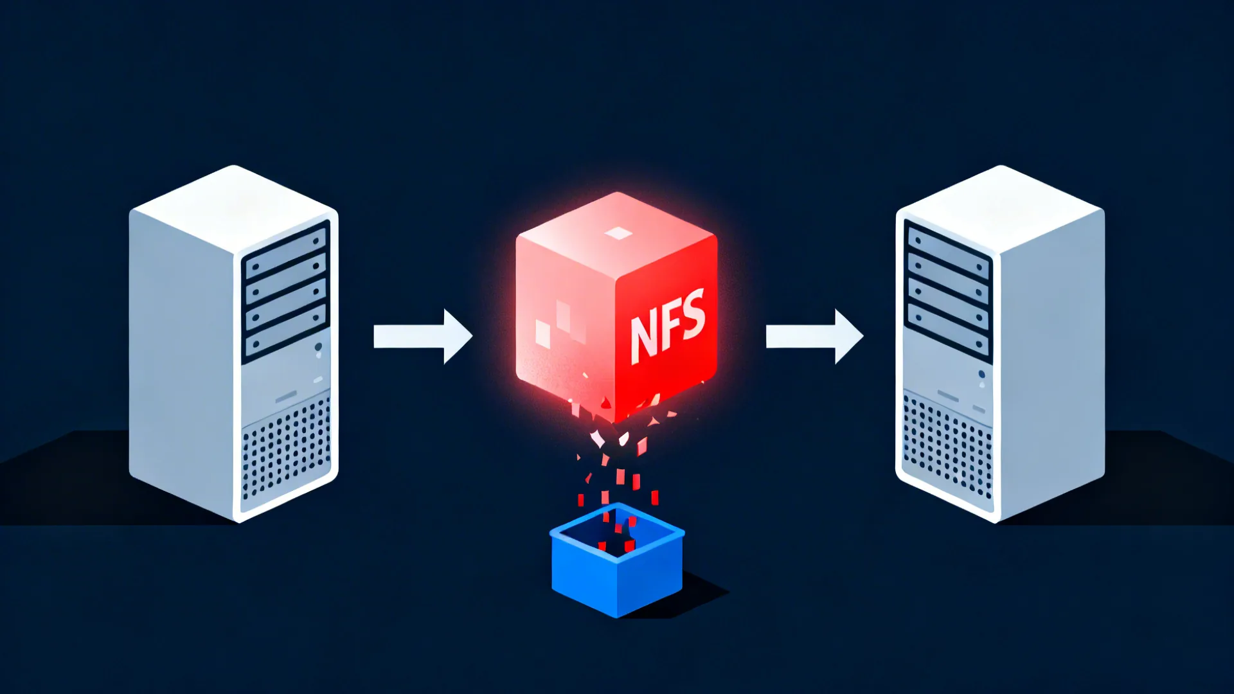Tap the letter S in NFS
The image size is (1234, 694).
(x=693, y=314)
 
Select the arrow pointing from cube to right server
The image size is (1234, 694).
(x=814, y=336)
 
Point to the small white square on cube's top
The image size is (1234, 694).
(x=618, y=233)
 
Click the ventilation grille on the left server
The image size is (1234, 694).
(x=286, y=450)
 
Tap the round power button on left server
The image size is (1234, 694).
(x=318, y=348)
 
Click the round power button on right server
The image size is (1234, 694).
(x=981, y=374)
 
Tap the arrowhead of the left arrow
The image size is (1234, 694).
(x=457, y=336)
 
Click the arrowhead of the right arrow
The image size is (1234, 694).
(x=848, y=336)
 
